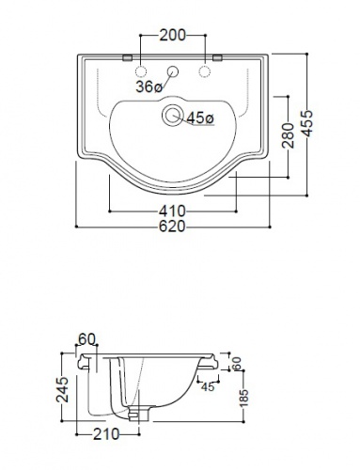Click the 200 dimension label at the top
[x=172, y=35]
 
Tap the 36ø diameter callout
[x=149, y=86]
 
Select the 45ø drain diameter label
[x=200, y=118]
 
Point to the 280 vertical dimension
[x=289, y=135]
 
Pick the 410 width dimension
[x=172, y=211]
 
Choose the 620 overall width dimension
[x=172, y=227]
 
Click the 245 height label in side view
[x=62, y=389]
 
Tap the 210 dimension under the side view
[x=106, y=434]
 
